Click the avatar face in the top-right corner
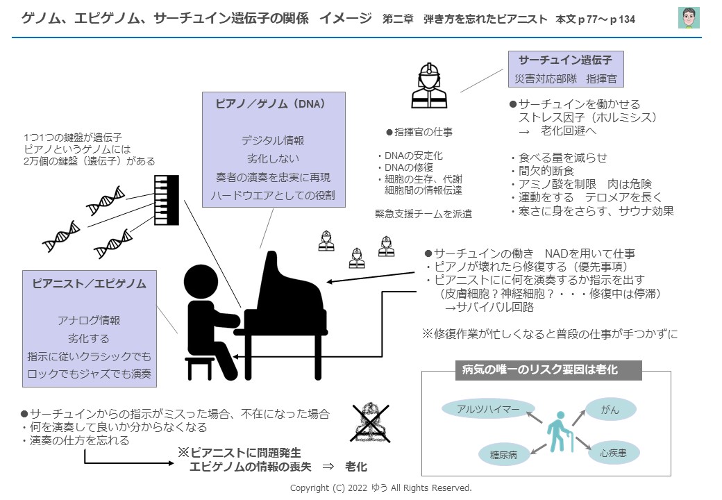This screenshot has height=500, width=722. point(688,18)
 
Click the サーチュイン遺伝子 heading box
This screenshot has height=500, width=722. point(566,60)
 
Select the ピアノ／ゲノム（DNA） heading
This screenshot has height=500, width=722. point(270,103)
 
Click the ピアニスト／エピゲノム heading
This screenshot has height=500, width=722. point(90,283)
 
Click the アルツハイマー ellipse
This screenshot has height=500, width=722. point(488,410)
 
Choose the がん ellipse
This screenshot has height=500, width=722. point(610,410)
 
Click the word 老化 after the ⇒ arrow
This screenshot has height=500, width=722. point(355,467)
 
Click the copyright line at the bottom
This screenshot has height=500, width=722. point(380,488)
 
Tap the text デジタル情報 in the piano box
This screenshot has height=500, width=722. point(272,140)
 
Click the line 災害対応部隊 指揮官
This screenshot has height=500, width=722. point(566,78)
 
